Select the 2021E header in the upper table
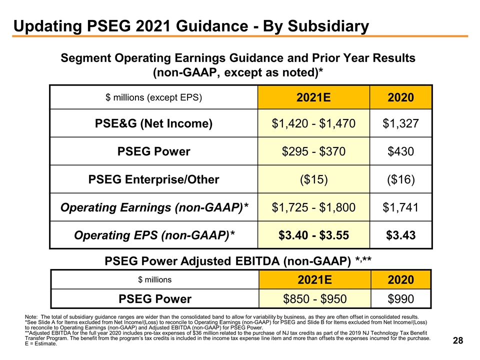click(x=313, y=96)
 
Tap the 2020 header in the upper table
click(x=400, y=96)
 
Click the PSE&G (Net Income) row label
click(x=153, y=123)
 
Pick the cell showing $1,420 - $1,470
click(x=313, y=123)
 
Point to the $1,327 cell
click(x=400, y=123)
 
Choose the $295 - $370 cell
click(x=313, y=151)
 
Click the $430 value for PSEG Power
click(x=400, y=151)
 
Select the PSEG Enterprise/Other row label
click(x=153, y=179)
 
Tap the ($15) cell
click(x=313, y=179)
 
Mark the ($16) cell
click(x=400, y=179)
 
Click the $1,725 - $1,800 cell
click(x=313, y=206)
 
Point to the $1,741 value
click(x=400, y=206)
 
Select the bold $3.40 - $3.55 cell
click(x=313, y=234)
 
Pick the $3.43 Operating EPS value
click(x=400, y=234)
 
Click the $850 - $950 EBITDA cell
click(x=313, y=299)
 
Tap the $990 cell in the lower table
click(x=400, y=299)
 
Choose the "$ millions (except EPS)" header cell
click(x=153, y=97)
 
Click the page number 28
click(x=457, y=340)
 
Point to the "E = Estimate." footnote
click(x=40, y=344)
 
